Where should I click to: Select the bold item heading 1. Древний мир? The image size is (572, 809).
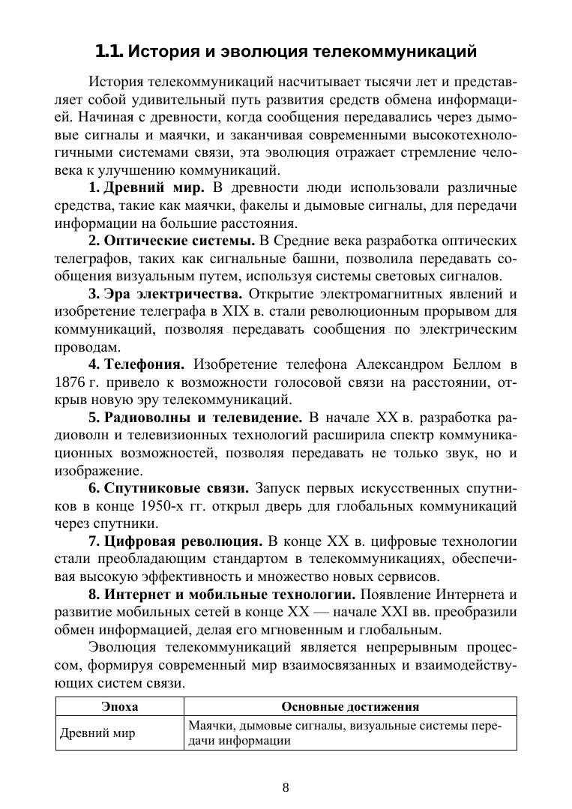point(146,187)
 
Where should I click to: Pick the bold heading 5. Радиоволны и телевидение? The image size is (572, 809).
point(195,418)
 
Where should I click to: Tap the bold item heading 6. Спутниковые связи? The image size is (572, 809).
point(168,489)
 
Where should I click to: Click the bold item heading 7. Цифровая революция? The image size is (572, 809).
point(175,542)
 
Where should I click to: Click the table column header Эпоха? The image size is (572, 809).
point(120,706)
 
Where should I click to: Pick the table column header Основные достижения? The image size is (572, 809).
point(350,706)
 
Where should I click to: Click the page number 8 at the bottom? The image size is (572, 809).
point(286,787)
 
